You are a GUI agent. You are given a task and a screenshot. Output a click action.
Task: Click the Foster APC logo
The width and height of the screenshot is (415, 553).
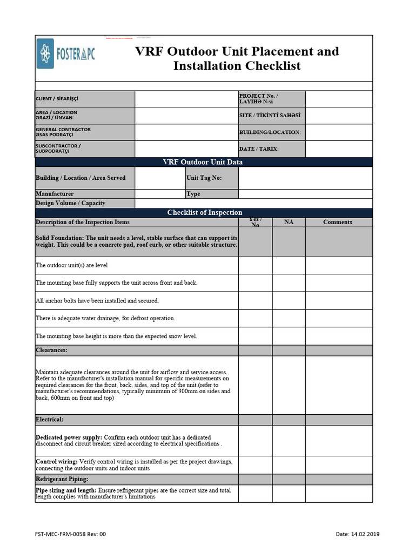[x=65, y=53]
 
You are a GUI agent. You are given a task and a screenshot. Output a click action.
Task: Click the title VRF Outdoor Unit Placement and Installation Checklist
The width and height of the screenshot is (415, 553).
[x=237, y=58]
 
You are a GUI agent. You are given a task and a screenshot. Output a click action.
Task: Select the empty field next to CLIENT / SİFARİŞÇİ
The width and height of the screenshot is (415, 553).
[x=186, y=99]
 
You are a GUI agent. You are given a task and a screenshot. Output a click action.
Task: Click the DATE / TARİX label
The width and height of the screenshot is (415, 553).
[x=259, y=149]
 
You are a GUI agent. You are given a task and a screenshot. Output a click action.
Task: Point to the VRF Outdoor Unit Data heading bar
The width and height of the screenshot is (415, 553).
[x=203, y=162]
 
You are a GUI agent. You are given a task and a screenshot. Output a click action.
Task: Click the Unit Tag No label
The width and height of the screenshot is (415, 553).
[x=204, y=178]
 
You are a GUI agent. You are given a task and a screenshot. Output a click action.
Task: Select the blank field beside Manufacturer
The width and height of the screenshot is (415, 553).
[x=159, y=194]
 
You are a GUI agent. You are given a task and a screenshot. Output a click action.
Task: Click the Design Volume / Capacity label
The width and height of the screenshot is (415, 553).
[x=70, y=203]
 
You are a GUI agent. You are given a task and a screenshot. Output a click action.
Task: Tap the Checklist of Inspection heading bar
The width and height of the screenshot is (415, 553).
[x=204, y=213]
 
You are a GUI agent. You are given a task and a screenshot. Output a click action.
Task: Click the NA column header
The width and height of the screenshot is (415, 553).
[x=289, y=222]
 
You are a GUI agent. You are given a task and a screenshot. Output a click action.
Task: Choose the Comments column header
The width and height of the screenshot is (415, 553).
[x=338, y=222]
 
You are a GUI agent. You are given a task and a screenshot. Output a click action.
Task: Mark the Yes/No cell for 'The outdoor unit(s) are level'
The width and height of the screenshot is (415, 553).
[x=255, y=265]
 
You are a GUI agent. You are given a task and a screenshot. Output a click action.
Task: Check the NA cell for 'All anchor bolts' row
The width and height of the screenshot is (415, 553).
[x=289, y=300]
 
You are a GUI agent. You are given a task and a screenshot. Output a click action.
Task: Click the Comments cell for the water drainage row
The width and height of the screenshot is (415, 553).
[x=339, y=318]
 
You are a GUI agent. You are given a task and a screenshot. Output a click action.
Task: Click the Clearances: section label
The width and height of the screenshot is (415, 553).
[x=51, y=350]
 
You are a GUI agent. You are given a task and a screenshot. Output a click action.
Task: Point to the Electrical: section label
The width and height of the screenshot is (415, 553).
[x=50, y=419]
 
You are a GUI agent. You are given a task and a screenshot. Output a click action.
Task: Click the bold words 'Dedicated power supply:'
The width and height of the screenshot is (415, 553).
[x=69, y=437]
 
